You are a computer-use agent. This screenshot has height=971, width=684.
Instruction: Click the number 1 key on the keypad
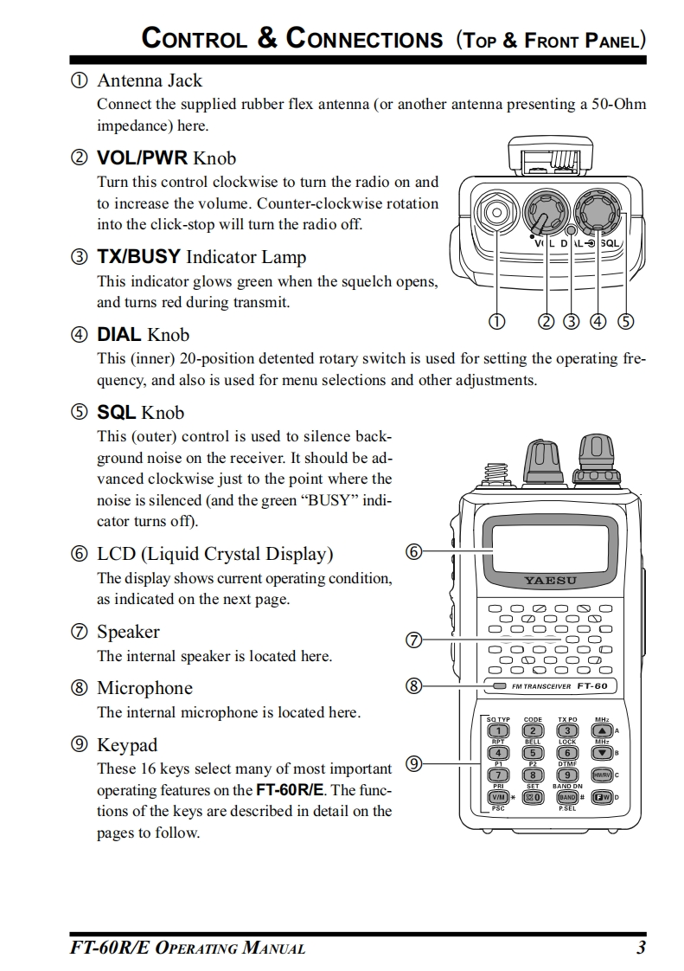click(x=499, y=731)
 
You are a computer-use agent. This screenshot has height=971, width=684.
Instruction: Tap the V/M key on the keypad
click(x=499, y=797)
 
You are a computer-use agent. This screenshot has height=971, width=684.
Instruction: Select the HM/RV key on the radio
click(x=602, y=775)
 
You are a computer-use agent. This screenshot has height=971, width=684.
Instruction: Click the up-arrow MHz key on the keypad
click(x=602, y=731)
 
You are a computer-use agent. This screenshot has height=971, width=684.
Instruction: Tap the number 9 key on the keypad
click(x=567, y=775)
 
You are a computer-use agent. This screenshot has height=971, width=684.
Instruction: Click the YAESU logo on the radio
click(x=550, y=580)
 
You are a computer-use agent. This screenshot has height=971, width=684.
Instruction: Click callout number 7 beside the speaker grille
click(x=413, y=640)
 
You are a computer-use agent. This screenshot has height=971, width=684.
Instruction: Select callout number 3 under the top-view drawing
click(x=572, y=322)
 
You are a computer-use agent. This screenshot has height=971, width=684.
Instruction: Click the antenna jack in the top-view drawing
click(x=495, y=213)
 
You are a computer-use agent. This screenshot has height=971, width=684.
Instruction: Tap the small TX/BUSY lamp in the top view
click(x=571, y=231)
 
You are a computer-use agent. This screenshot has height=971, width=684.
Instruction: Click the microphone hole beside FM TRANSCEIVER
click(x=500, y=686)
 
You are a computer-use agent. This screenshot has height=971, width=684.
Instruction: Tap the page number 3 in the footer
click(x=641, y=948)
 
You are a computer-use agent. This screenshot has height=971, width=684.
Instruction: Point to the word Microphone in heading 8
click(x=144, y=688)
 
